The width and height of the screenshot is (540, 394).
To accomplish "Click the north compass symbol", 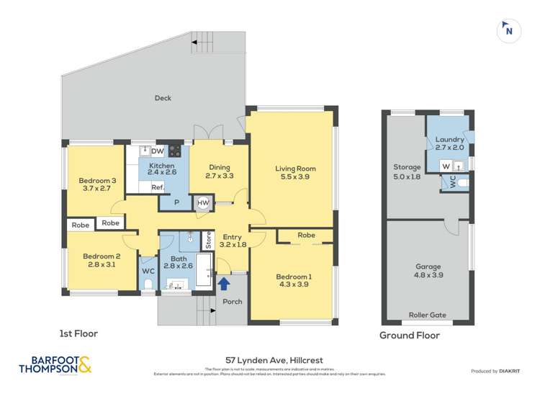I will coord(509,30).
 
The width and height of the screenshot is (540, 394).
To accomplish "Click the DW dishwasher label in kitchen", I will coord(157,151).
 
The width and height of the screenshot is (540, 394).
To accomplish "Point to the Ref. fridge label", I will coord(157,187).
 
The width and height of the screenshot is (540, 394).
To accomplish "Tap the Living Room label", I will coord(295,169).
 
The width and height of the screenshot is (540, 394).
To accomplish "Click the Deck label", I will coord(163,98).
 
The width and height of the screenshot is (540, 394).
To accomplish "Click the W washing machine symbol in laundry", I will coord(446,165).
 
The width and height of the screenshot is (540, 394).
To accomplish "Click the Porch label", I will coord(233,301).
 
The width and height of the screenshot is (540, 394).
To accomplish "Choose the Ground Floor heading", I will coord(409,336).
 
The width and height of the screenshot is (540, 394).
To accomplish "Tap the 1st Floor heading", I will coord(78,333).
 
